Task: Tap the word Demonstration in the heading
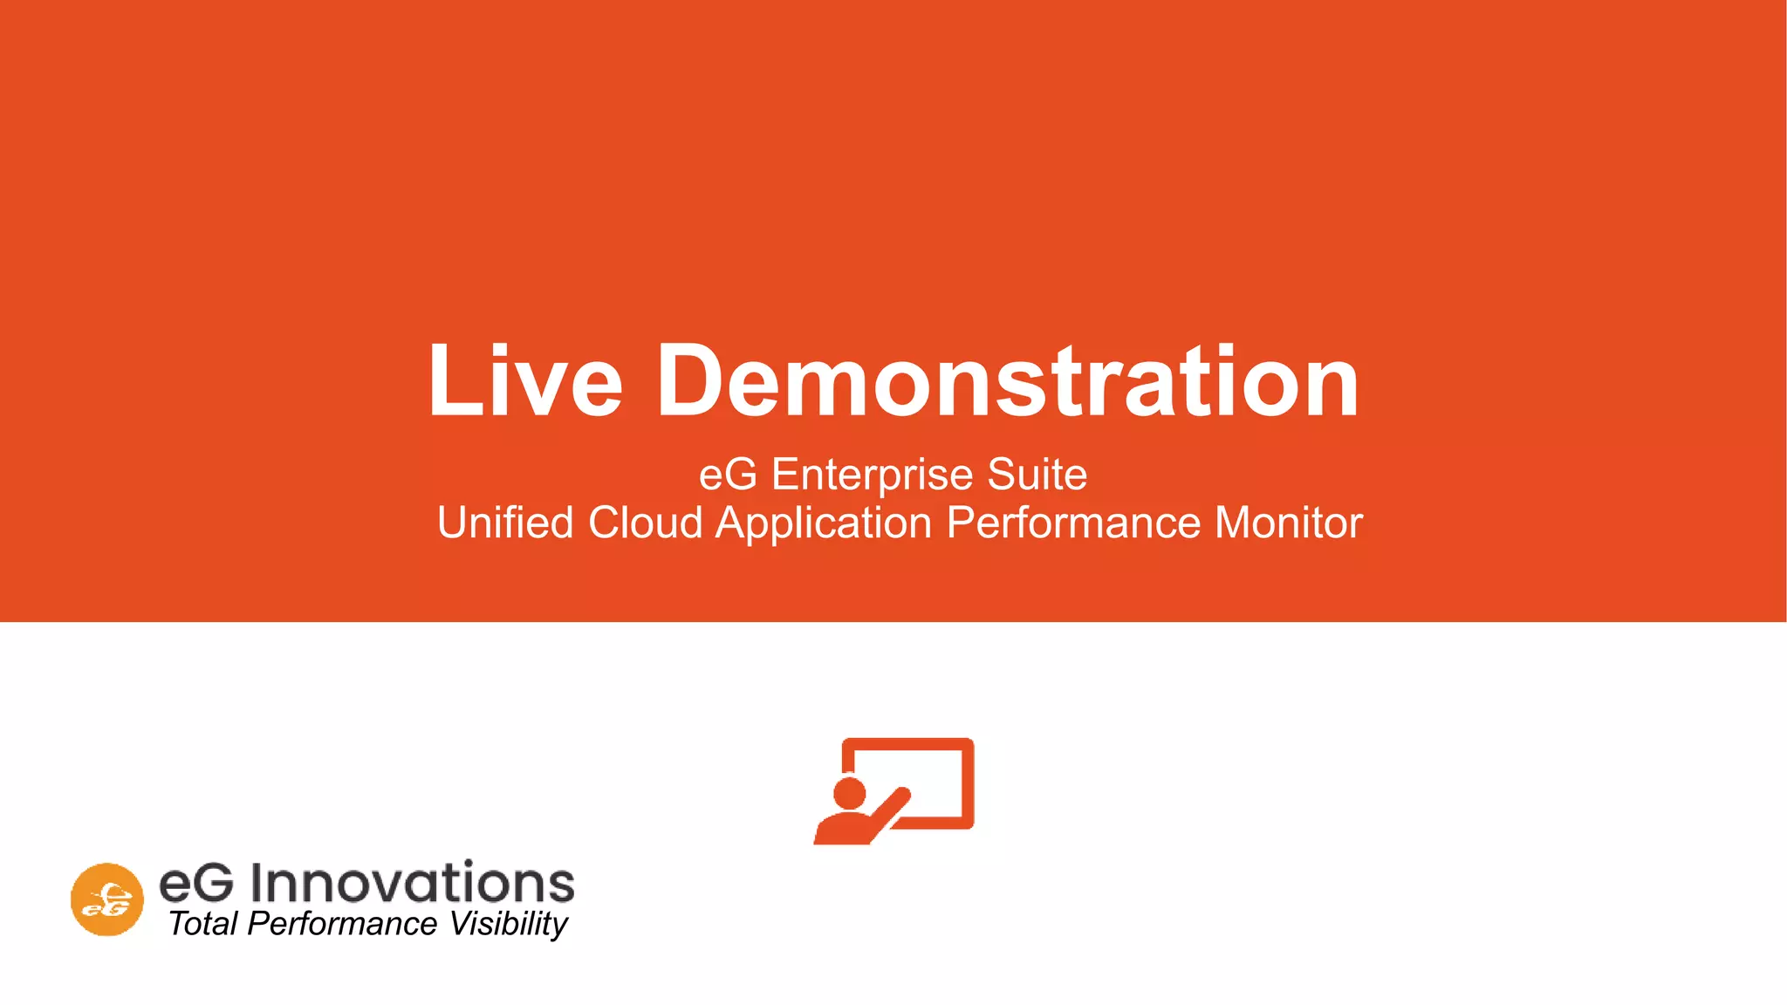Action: [1008, 381]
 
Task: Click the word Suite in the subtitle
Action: [1037, 475]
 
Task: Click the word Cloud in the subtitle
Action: [645, 523]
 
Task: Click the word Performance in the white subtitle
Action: [1073, 523]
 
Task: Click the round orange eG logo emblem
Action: [107, 899]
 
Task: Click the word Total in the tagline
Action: [202, 924]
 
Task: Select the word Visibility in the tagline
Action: [509, 925]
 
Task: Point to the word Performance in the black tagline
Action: [342, 924]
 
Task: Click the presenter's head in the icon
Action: [849, 793]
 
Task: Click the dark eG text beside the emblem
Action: [196, 883]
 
